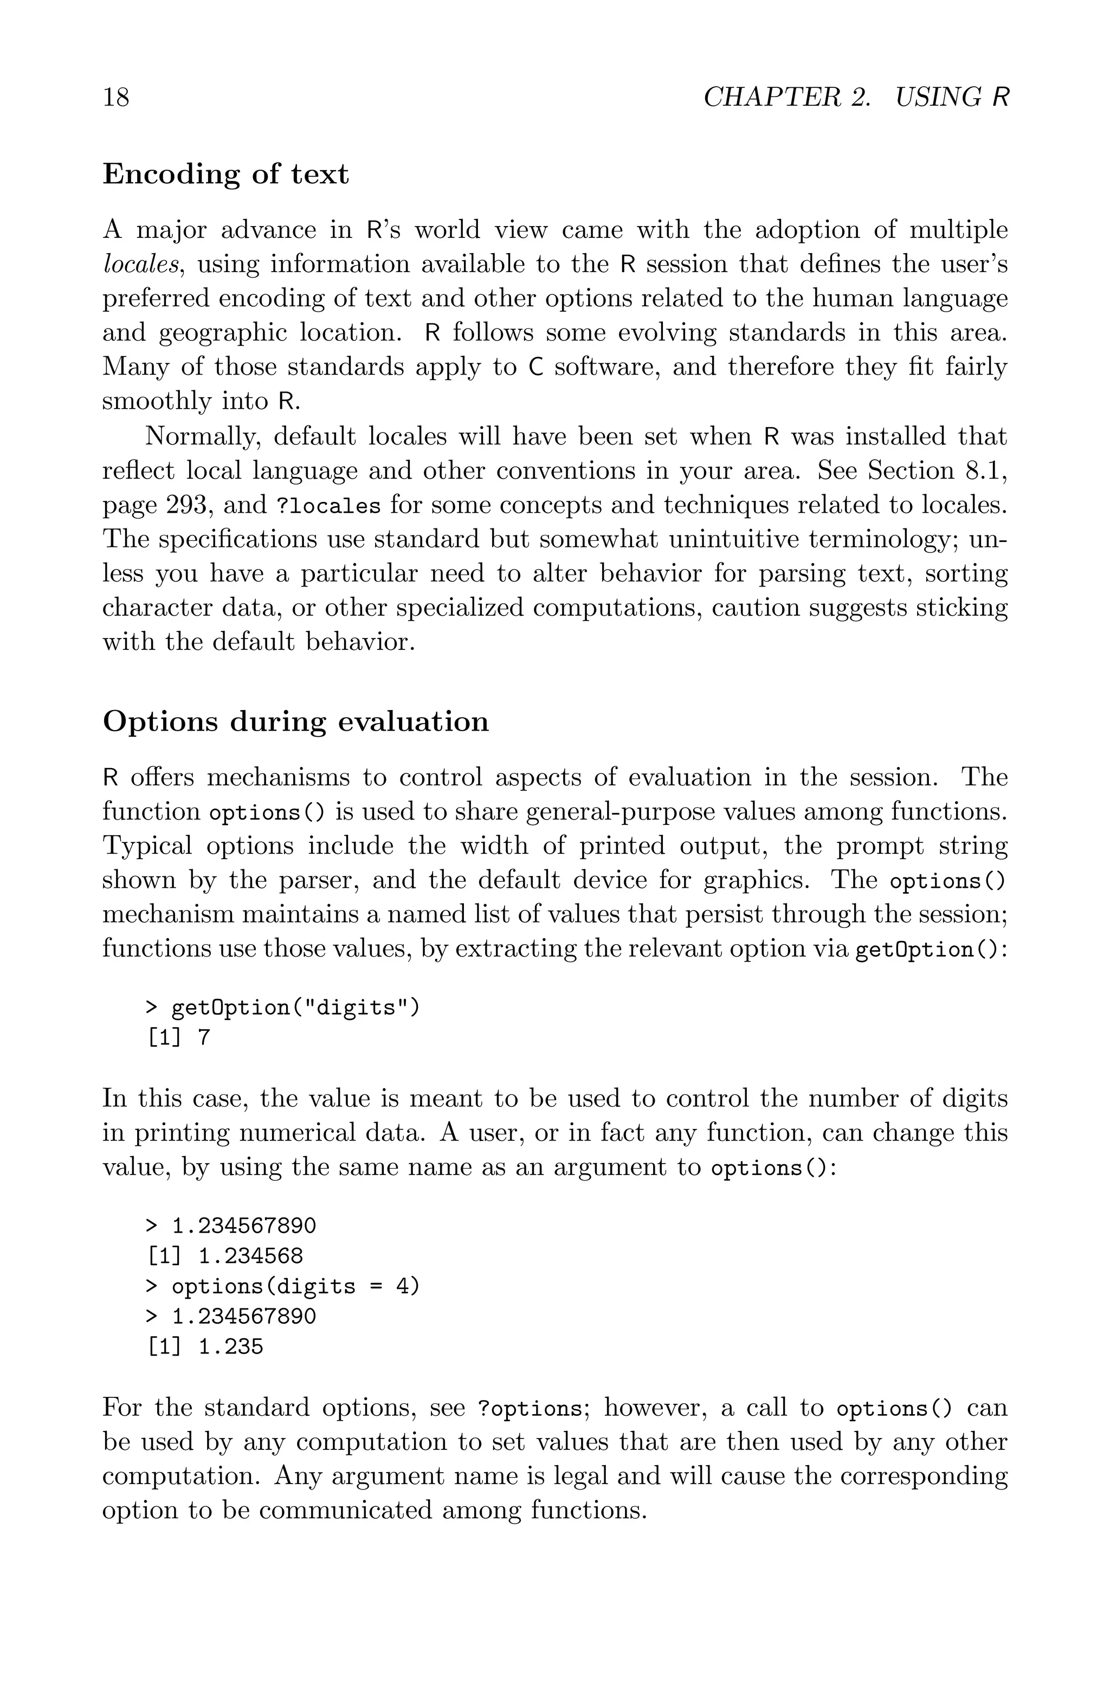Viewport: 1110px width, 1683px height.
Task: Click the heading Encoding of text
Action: [x=226, y=174]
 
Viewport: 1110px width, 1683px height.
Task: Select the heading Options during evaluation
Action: [x=295, y=721]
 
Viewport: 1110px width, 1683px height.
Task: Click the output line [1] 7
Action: [x=178, y=1037]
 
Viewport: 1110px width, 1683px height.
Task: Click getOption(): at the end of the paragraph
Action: [x=930, y=950]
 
